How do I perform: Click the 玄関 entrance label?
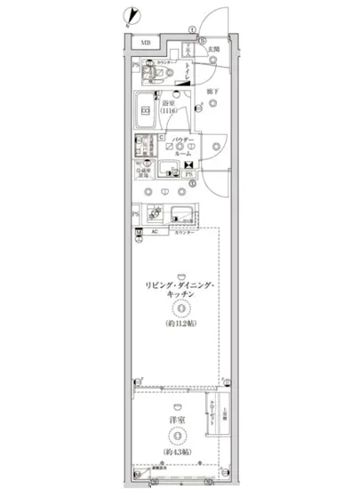coord(213,51)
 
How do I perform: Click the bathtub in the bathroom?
coord(146,110)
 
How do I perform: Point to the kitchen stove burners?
coord(153,214)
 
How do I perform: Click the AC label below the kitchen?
coord(154,233)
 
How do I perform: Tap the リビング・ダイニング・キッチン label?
coord(179,290)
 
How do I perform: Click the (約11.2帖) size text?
coord(179,325)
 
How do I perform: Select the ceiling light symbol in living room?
coord(179,309)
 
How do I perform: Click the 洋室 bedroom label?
coord(179,419)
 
